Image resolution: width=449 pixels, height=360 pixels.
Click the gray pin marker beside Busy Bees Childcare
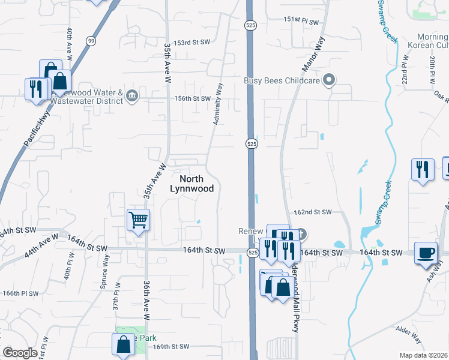pyautogui.click(x=328, y=79)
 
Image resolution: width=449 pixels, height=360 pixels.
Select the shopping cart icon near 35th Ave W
pyautogui.click(x=138, y=220)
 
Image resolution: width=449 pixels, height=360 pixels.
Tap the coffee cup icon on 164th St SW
pyautogui.click(x=426, y=252)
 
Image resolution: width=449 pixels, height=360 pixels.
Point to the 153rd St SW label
pyautogui.click(x=191, y=43)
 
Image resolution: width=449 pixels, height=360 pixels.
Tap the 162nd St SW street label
pyautogui.click(x=313, y=212)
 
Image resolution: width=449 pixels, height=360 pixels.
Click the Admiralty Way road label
pyautogui.click(x=218, y=104)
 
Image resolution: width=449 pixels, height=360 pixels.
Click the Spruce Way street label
pyautogui.click(x=105, y=272)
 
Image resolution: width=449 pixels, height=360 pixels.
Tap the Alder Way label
pyautogui.click(x=409, y=335)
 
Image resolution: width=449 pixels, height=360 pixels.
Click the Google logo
pyautogui.click(x=20, y=353)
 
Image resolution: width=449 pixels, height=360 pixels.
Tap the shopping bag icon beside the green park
pyautogui.click(x=123, y=345)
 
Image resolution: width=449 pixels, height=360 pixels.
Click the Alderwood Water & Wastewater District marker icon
pyautogui.click(x=133, y=94)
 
